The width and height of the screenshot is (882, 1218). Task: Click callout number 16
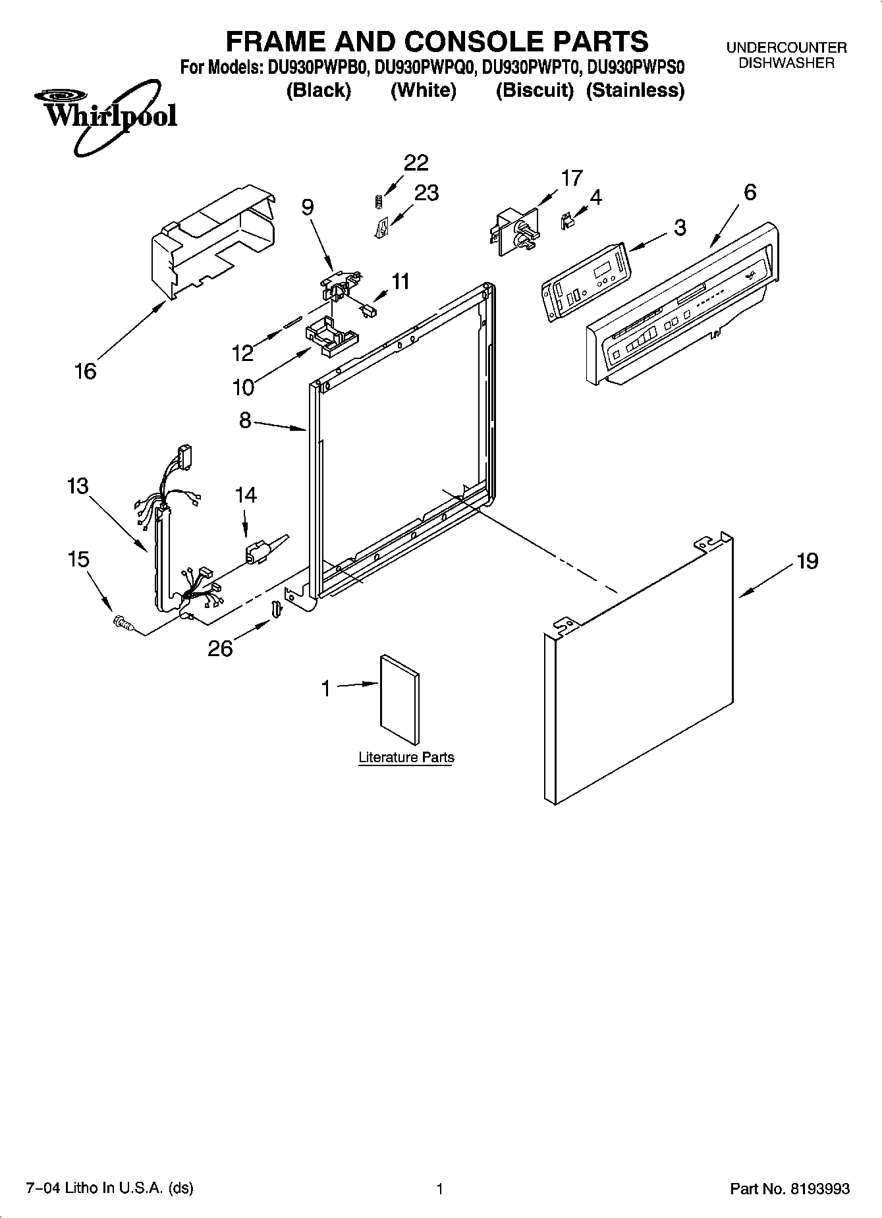[x=86, y=372]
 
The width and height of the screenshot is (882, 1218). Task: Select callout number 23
[x=426, y=192]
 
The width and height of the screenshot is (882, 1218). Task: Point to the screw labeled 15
[x=123, y=622]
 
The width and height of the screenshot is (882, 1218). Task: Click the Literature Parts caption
[x=406, y=758]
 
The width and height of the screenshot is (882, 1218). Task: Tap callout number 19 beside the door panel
[x=807, y=561]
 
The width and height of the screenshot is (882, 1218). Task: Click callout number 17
[x=571, y=178]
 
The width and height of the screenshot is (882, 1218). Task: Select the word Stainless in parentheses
[x=636, y=90]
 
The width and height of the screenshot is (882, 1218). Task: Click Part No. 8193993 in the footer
[x=790, y=1189]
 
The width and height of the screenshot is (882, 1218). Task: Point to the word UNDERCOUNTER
[x=786, y=48]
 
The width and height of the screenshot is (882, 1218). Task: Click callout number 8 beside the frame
[x=245, y=420]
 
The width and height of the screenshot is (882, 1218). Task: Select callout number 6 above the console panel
[x=750, y=192]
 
